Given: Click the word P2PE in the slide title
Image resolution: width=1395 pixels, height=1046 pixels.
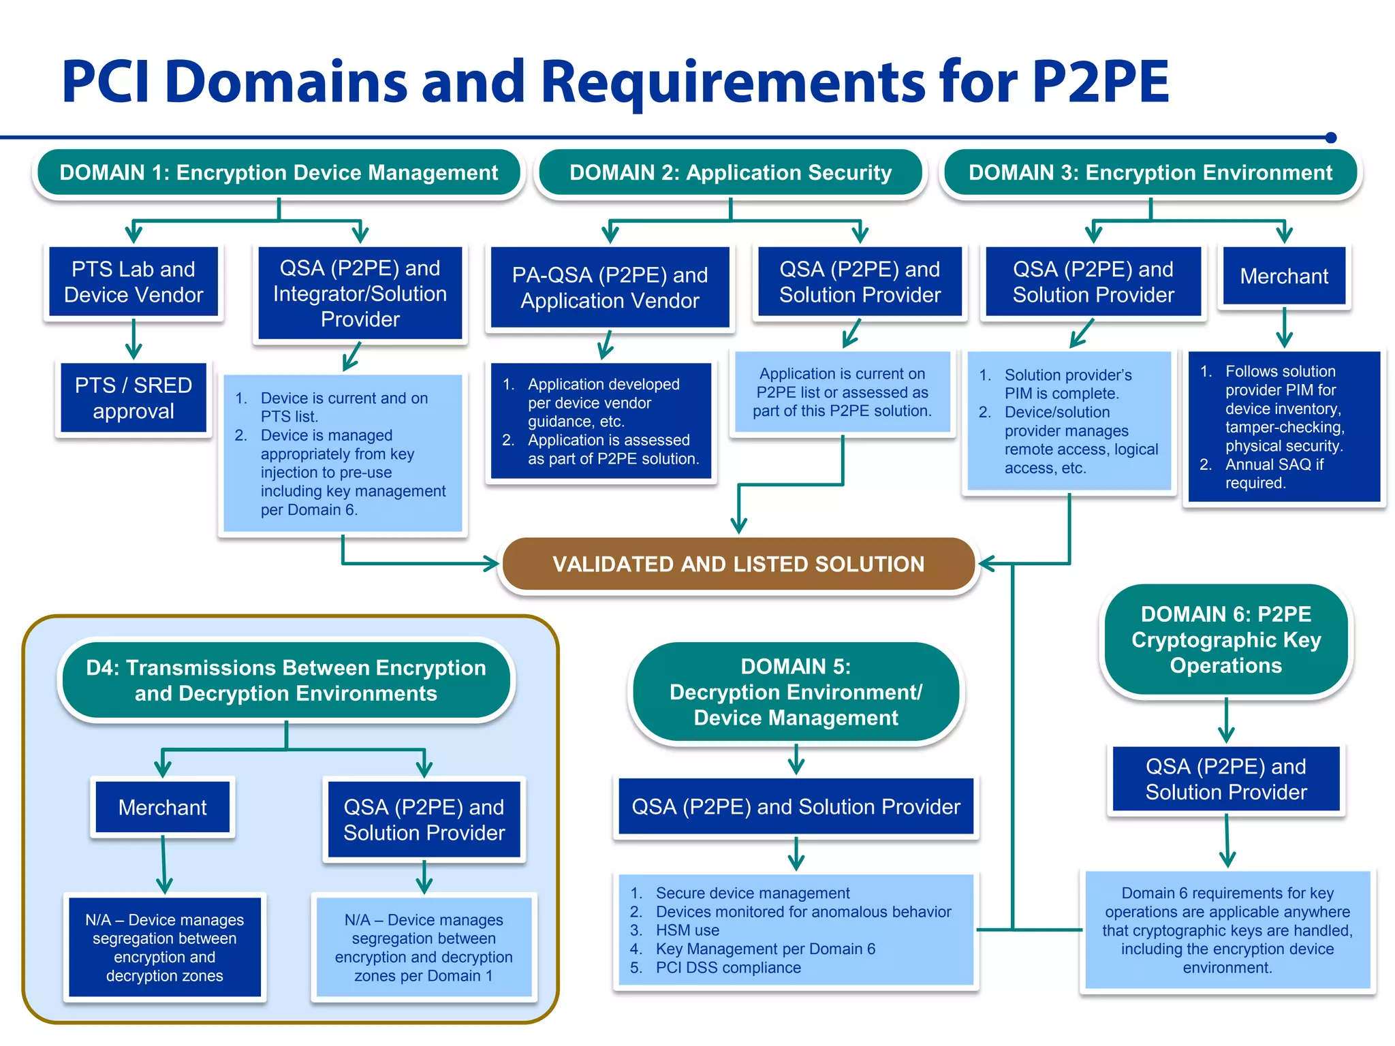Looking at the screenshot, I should [x=1099, y=82].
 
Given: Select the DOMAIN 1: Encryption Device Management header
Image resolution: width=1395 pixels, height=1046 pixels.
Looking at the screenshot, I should [x=279, y=173].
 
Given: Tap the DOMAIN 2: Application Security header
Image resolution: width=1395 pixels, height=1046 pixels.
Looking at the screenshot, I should [x=730, y=173].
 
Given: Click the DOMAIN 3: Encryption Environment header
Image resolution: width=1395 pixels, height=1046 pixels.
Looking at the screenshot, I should [x=1150, y=173].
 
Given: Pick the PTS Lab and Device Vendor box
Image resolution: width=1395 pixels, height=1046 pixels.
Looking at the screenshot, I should [x=134, y=282].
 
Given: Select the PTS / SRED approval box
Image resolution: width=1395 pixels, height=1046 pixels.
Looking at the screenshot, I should [x=134, y=398].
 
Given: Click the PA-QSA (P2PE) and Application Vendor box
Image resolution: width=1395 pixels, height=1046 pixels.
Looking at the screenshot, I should [x=610, y=287].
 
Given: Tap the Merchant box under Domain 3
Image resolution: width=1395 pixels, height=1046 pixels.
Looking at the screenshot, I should [x=1283, y=276].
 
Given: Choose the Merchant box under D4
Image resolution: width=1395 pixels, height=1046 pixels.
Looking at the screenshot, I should [x=162, y=807].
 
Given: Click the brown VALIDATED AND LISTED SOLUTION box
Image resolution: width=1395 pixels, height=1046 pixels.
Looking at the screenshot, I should [x=738, y=564].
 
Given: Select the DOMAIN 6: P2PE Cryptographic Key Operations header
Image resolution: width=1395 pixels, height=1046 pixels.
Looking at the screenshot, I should [x=1225, y=639].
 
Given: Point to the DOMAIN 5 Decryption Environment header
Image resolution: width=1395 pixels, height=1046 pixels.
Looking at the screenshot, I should [x=796, y=692].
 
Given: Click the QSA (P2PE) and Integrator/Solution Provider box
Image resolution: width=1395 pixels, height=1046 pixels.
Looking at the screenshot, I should [x=360, y=294].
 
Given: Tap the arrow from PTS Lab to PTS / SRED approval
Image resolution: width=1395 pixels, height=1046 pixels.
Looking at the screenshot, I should [x=134, y=339].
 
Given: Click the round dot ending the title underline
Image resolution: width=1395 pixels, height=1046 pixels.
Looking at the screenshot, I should [x=1331, y=138].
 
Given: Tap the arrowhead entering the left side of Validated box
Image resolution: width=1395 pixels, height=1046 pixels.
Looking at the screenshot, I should [x=492, y=563].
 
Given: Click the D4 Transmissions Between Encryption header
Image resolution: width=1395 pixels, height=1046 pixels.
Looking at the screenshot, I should [x=286, y=680].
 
